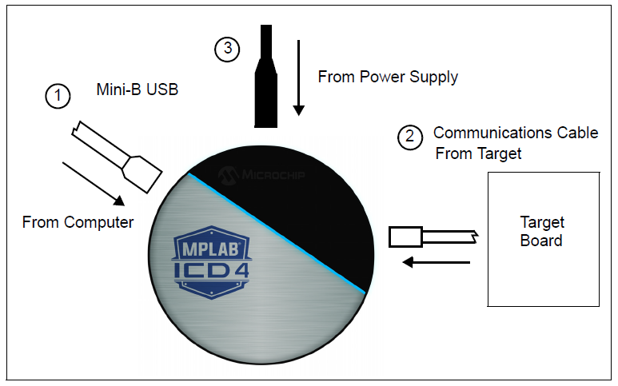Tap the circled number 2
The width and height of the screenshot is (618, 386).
tap(410, 137)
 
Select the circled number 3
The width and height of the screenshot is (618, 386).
tap(227, 49)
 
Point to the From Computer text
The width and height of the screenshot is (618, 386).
tap(78, 222)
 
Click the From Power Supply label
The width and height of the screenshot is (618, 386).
tap(388, 78)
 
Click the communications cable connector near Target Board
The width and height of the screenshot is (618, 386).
tap(406, 237)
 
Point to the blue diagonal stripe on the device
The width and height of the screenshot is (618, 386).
tap(278, 233)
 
